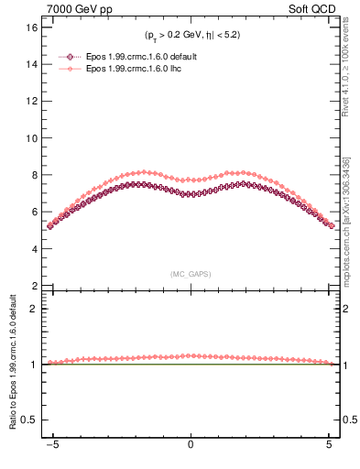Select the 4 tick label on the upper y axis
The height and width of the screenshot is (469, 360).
[33, 248]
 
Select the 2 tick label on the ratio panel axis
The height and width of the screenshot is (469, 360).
[33, 309]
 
